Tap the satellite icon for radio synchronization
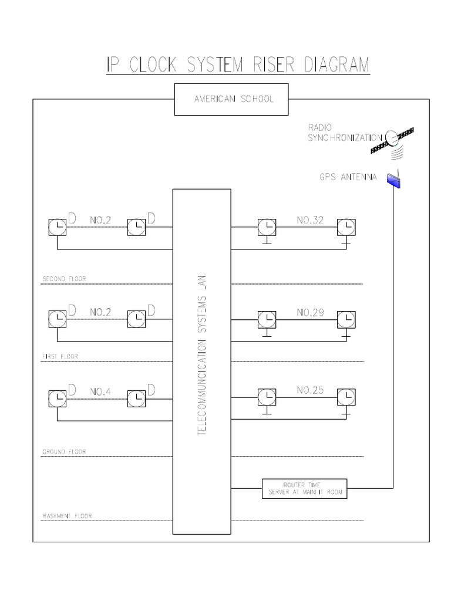click(x=392, y=139)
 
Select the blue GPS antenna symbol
click(x=393, y=180)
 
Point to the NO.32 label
click(x=311, y=221)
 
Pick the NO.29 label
click(x=311, y=313)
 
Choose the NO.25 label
click(x=311, y=390)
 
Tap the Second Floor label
click(x=64, y=279)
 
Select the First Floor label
click(x=60, y=356)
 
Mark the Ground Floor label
click(x=64, y=452)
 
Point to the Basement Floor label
click(x=67, y=516)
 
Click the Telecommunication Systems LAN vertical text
click(x=202, y=356)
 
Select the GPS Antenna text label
click(x=348, y=177)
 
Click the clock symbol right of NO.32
click(x=346, y=227)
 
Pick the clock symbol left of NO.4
click(x=57, y=399)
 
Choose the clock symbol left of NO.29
click(x=267, y=319)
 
